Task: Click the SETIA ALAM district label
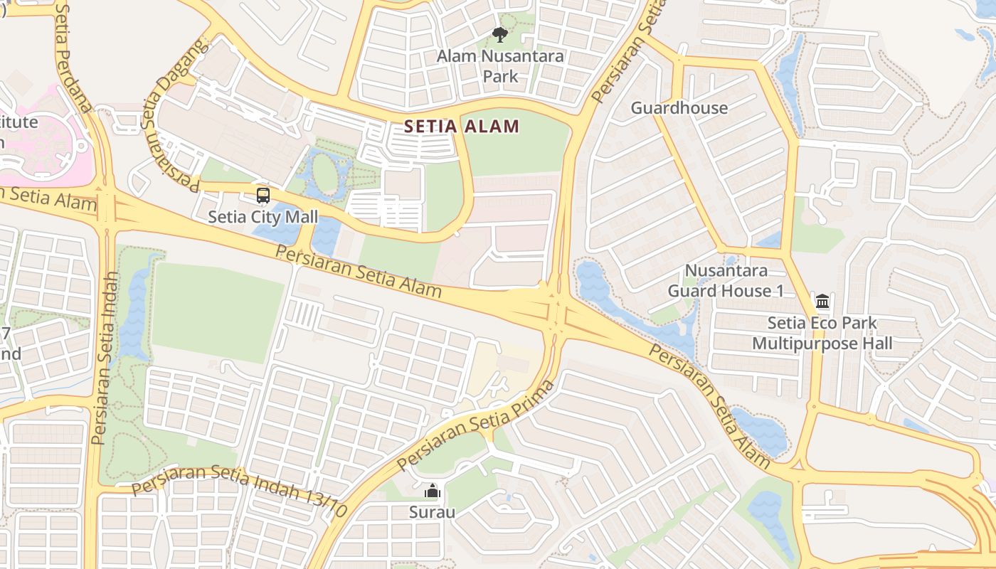462,127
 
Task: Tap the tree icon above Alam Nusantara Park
500,34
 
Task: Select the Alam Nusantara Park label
500,65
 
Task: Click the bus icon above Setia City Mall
263,195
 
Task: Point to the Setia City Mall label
263,217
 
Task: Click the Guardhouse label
679,108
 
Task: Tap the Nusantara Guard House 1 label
726,281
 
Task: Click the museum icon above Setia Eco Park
822,301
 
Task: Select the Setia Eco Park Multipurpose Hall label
822,334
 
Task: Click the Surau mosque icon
432,491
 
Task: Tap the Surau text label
432,512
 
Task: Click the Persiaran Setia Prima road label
475,425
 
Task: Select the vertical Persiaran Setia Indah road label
105,358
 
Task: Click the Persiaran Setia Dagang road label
173,114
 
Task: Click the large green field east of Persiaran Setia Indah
217,312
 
